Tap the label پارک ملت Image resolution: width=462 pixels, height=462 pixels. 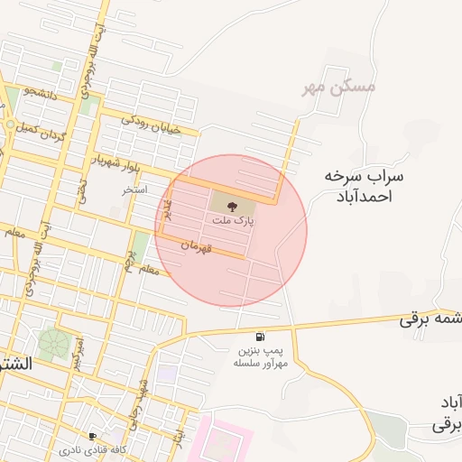(x=233, y=220)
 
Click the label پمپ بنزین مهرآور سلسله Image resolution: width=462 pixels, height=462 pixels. (x=261, y=355)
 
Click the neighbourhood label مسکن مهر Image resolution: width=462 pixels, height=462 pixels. (x=338, y=88)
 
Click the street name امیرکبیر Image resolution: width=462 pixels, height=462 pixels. (x=79, y=353)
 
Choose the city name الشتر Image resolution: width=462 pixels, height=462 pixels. (x=15, y=365)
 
